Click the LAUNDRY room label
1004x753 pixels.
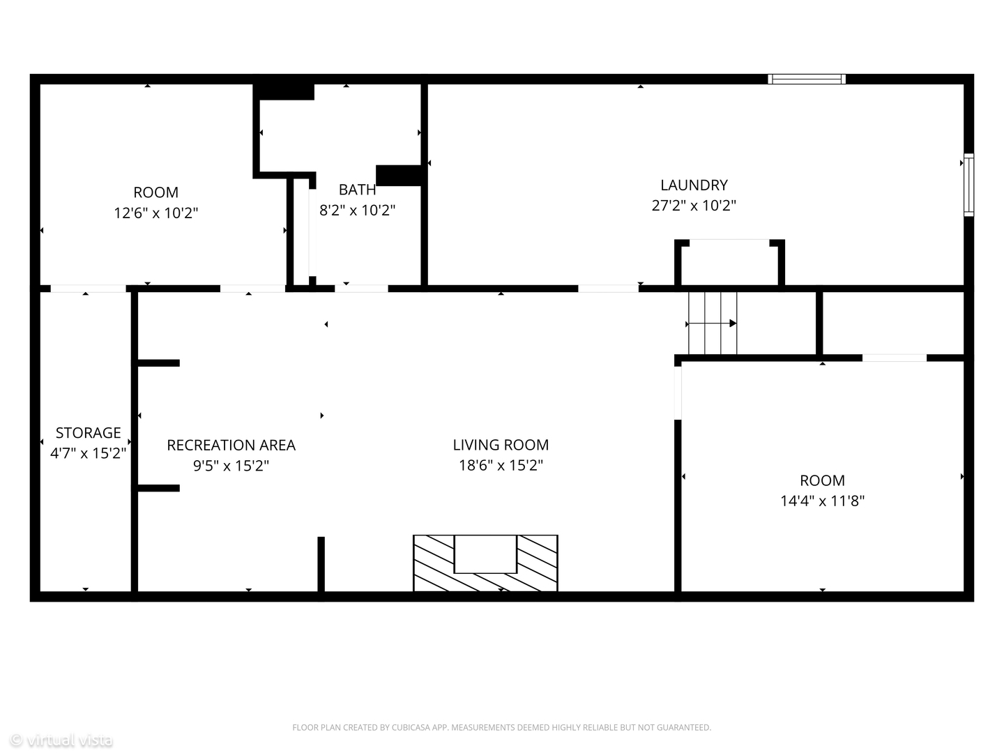(x=694, y=185)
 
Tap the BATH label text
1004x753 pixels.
(x=357, y=189)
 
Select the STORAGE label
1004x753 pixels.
(x=89, y=432)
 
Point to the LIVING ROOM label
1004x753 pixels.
(x=501, y=445)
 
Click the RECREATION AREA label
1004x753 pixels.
(x=231, y=446)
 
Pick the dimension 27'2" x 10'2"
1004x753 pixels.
(x=694, y=206)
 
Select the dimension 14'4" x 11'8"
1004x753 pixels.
(x=823, y=501)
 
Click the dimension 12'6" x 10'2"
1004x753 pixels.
(x=156, y=213)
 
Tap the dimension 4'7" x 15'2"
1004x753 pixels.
(x=89, y=453)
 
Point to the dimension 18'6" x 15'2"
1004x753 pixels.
(x=501, y=466)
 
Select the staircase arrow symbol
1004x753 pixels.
(x=712, y=324)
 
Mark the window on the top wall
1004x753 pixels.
(x=807, y=79)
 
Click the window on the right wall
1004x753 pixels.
(x=968, y=185)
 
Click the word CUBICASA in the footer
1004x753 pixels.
(x=409, y=727)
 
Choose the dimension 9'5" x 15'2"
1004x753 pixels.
(x=231, y=466)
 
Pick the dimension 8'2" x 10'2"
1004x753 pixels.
(x=357, y=211)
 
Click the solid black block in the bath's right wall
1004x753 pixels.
(x=398, y=176)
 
